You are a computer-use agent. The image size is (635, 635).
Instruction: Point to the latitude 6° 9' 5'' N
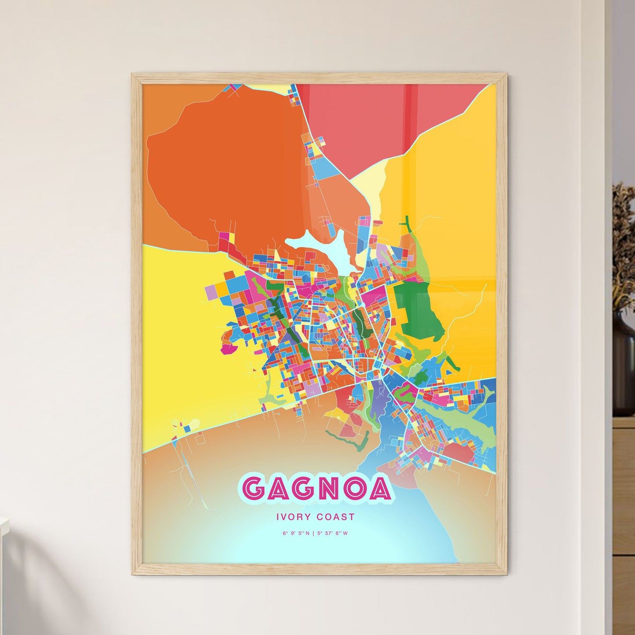(296, 533)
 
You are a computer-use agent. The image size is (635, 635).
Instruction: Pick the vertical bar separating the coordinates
(314, 533)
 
